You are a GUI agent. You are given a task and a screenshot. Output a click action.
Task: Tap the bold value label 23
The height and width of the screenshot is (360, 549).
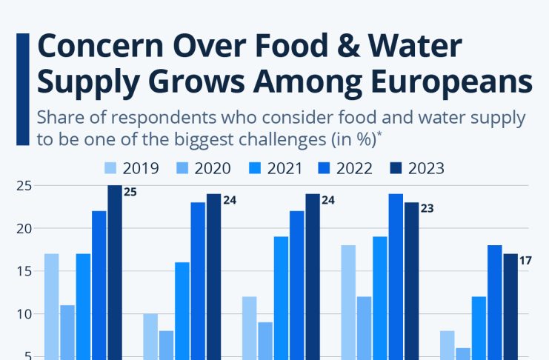tap(427, 209)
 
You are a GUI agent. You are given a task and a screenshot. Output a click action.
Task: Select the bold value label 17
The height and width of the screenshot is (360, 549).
tap(525, 260)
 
